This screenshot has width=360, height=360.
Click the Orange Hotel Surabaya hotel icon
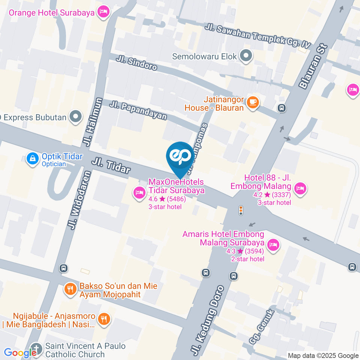pyautogui.click(x=103, y=12)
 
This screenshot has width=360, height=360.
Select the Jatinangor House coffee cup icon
pyautogui.click(x=253, y=102)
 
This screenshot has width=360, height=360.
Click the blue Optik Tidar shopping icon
pyautogui.click(x=33, y=159)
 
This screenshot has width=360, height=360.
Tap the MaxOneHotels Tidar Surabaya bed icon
pyautogui.click(x=139, y=193)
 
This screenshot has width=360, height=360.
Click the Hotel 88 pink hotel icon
pyautogui.click(x=300, y=189)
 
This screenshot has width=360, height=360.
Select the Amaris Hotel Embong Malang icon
pyautogui.click(x=274, y=245)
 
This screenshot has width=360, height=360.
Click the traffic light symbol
pyautogui.click(x=241, y=210)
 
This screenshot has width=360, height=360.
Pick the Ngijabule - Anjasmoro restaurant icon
pyautogui.click(x=103, y=319)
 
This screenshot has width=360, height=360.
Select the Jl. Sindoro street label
pyautogui.click(x=136, y=63)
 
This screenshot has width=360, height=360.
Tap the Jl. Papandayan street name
pyautogui.click(x=138, y=110)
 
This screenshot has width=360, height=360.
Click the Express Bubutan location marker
pyautogui.click(x=76, y=117)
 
